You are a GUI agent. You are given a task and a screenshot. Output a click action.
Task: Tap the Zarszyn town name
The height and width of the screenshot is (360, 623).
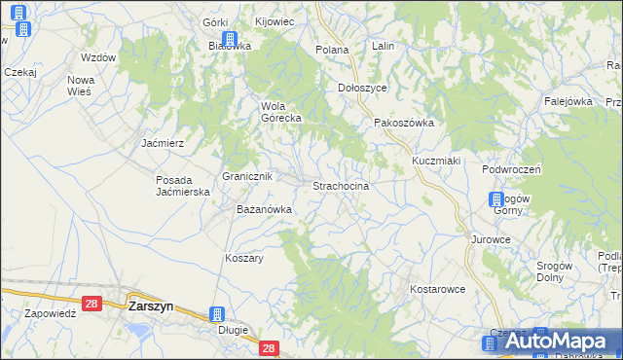(x=151, y=306)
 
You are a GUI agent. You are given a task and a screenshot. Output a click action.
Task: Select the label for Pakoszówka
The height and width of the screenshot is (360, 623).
(x=404, y=124)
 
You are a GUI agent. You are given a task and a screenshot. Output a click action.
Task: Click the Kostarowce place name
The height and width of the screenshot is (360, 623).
(x=437, y=289)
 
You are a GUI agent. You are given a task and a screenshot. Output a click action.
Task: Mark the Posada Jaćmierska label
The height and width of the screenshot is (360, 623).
(x=184, y=186)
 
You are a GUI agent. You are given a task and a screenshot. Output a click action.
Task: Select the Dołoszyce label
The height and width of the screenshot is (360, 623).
(x=362, y=87)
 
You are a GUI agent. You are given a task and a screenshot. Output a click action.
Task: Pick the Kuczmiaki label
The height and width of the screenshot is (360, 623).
(x=435, y=160)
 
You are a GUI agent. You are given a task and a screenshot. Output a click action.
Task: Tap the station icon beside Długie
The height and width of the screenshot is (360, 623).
(x=217, y=315)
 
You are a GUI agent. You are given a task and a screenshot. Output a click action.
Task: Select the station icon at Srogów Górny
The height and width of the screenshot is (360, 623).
(x=495, y=200)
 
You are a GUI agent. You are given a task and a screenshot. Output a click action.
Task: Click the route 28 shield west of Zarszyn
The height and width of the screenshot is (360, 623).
(x=92, y=305)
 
